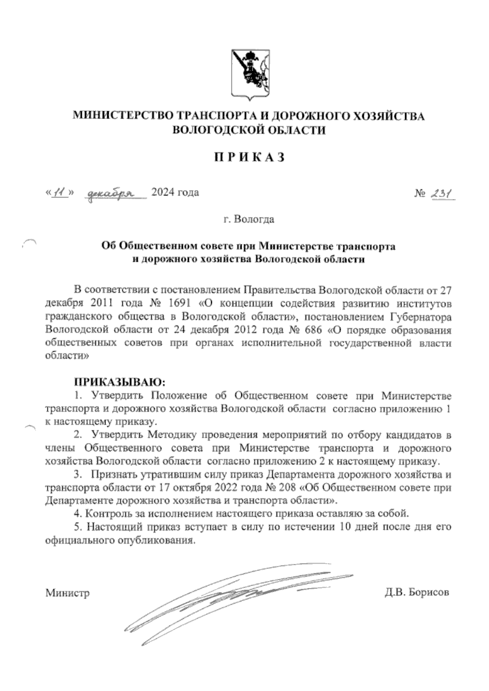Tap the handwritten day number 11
[60, 192]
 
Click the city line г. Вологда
[249, 220]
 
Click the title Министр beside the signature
[67, 592]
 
